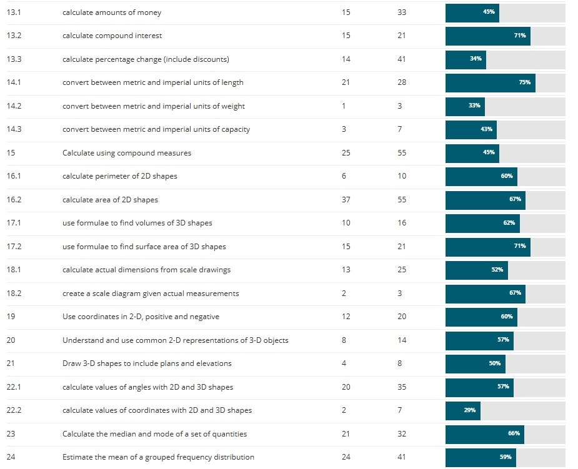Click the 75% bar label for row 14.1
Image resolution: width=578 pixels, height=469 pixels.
[x=524, y=82]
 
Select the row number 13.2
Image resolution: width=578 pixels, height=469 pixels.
[x=14, y=36]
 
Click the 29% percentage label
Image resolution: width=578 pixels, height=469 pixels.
[x=470, y=410]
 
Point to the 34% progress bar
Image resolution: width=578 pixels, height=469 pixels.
[x=466, y=59]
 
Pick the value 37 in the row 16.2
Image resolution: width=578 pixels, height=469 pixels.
[x=346, y=200]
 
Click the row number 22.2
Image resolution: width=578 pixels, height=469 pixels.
[x=14, y=410]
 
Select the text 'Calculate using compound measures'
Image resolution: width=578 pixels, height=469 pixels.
[x=127, y=153]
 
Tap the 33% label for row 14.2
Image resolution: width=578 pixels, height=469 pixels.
[x=474, y=106]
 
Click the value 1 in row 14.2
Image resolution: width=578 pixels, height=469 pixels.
[x=344, y=106]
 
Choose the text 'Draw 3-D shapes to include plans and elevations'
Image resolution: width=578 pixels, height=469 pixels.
[x=147, y=363]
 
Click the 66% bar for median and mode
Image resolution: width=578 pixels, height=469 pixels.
[x=484, y=434]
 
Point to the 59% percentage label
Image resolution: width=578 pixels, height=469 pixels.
[x=506, y=457]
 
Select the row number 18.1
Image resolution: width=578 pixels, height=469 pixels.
[x=14, y=270]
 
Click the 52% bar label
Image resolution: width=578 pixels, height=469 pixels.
[x=497, y=270]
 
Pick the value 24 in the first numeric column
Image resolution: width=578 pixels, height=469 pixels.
[x=346, y=457]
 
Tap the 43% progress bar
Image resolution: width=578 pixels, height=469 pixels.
[x=471, y=129]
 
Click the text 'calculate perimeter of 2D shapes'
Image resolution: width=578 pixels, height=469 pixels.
[x=120, y=176]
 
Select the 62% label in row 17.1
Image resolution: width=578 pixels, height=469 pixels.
[x=509, y=223]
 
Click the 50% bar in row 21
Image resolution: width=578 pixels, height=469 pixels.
[x=475, y=363]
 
